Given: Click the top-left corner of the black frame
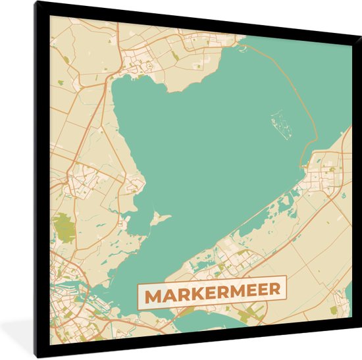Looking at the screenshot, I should tap(36, 3).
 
